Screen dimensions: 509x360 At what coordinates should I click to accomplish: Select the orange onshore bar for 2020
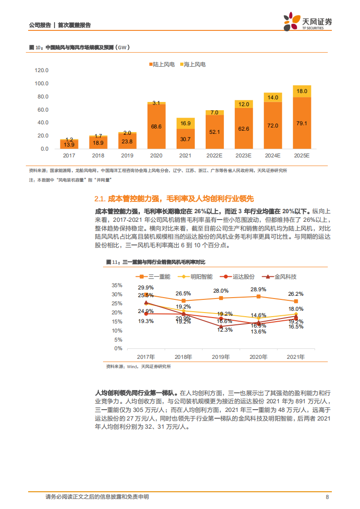[x=156, y=127]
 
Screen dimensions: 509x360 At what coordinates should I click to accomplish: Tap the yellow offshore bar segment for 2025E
[x=301, y=91]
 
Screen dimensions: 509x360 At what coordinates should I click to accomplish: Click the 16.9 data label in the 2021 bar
[x=185, y=123]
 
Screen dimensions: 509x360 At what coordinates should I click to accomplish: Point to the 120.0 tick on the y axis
[x=42, y=70]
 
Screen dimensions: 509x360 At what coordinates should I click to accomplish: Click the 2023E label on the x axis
[x=243, y=156]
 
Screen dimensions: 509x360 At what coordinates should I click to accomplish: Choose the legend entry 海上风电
[x=192, y=64]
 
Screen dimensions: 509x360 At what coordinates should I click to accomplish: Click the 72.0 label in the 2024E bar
[x=272, y=126]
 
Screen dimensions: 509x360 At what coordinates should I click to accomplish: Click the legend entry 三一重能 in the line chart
[x=156, y=276]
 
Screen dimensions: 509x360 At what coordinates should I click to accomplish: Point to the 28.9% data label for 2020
[x=258, y=289]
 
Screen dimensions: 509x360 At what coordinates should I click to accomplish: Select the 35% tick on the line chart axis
[x=117, y=285]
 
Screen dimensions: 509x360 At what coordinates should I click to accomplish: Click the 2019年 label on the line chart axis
[x=221, y=357]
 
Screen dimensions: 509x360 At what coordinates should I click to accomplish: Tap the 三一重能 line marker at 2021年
[x=296, y=301]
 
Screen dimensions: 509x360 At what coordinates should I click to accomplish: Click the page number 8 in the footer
[x=327, y=497]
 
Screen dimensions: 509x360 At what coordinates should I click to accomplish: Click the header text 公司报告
[x=39, y=25]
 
